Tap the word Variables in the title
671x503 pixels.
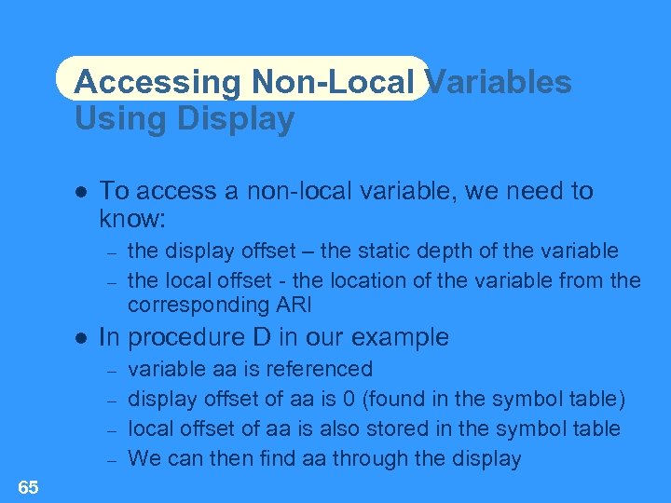point(499,82)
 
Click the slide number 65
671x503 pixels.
point(28,487)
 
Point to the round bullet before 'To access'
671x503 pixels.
point(81,192)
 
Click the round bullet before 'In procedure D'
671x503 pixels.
point(81,337)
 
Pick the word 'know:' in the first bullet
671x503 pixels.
point(132,220)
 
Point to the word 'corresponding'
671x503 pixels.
point(192,305)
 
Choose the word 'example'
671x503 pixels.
point(403,337)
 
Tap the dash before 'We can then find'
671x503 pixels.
point(110,459)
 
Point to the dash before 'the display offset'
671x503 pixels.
point(110,251)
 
